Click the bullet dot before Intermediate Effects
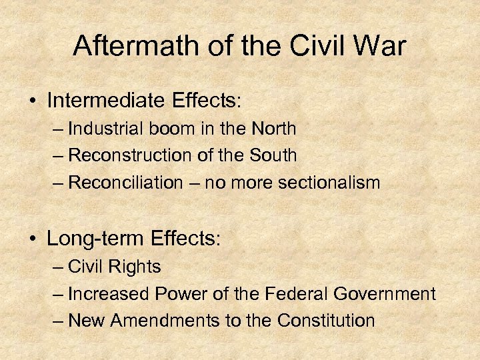(x=32, y=101)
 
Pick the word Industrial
(x=103, y=128)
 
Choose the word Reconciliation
(x=125, y=183)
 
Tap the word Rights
(x=135, y=267)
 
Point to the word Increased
(x=110, y=293)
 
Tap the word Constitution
(x=326, y=321)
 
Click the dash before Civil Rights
(x=58, y=267)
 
